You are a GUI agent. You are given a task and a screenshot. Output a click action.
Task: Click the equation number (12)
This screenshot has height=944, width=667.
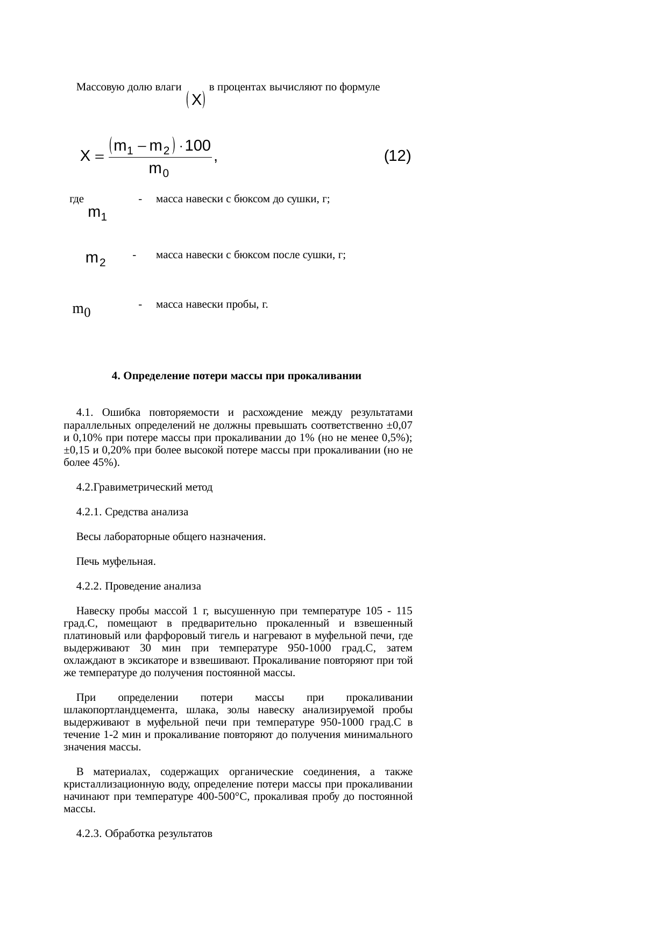coord(398,157)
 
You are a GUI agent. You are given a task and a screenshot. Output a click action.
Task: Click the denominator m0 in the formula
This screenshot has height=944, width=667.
coord(159,170)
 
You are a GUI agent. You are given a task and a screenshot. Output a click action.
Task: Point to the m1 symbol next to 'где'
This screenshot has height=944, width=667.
coord(97,214)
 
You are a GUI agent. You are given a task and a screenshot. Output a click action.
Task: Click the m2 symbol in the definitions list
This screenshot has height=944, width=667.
coord(95,259)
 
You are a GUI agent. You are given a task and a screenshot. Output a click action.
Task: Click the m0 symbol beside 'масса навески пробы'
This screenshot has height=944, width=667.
coord(81,310)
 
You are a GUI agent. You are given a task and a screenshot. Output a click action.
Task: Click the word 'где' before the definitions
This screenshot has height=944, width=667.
coord(76,200)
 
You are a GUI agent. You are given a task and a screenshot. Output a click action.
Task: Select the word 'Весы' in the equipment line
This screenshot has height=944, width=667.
coord(88,537)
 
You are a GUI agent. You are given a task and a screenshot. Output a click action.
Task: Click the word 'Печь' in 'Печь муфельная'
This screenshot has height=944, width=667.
coord(88,562)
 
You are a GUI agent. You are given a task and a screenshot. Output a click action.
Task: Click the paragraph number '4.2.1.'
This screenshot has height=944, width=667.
coord(89,512)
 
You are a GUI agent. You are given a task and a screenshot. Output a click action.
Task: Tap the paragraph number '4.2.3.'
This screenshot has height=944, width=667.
coord(89,834)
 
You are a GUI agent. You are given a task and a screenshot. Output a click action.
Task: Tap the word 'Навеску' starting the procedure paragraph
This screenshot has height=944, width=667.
coord(95,611)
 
